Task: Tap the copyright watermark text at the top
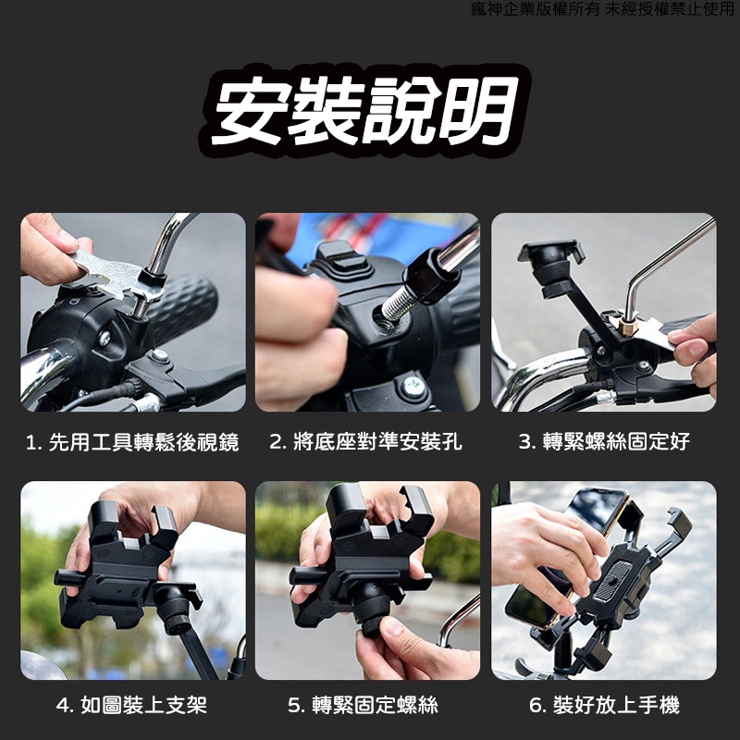coord(603,9)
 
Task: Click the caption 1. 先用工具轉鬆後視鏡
coord(132,442)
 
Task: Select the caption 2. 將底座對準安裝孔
coord(365,442)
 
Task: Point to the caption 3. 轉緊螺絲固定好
coord(604,442)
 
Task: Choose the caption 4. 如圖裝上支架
coord(131,705)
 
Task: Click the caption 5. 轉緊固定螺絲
coord(363,705)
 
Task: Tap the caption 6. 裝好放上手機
coord(604,705)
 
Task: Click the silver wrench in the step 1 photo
coord(116,275)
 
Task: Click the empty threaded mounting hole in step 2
coord(383,315)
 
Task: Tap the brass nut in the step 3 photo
coord(628,327)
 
